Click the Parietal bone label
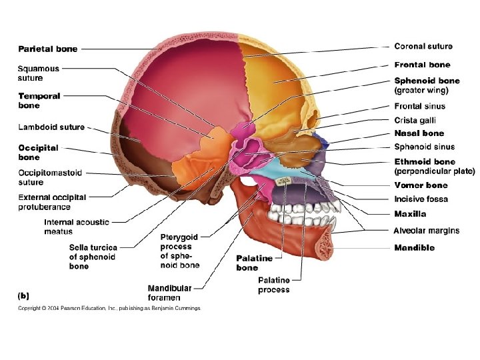point(47,49)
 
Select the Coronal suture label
point(423,47)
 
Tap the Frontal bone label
point(422,65)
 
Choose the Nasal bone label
point(418,133)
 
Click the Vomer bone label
point(421,185)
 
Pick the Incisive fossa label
point(421,199)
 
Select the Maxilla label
point(410,214)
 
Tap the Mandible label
point(414,247)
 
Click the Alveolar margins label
point(426,231)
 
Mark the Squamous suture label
point(38,73)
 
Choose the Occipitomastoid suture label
point(50,177)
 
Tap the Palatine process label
point(274,285)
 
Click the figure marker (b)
point(23,294)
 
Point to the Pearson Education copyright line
point(109,308)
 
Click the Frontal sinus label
point(419,106)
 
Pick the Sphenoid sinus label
point(424,147)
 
